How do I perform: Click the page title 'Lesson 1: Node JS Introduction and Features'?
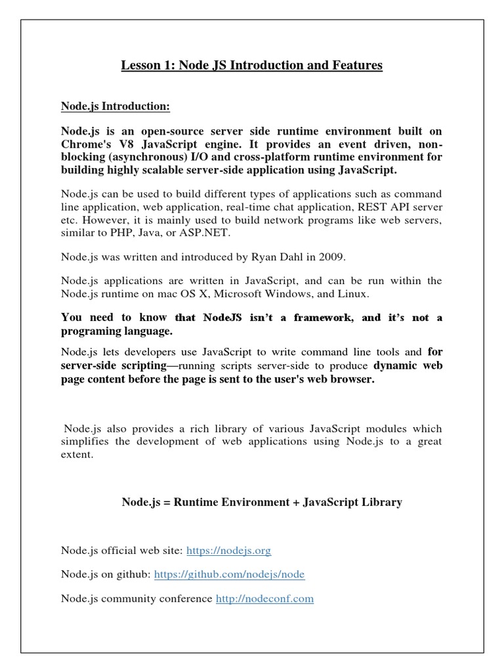[251, 66]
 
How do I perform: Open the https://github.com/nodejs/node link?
[229, 574]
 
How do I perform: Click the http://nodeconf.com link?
[264, 598]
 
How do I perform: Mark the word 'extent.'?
[76, 453]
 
